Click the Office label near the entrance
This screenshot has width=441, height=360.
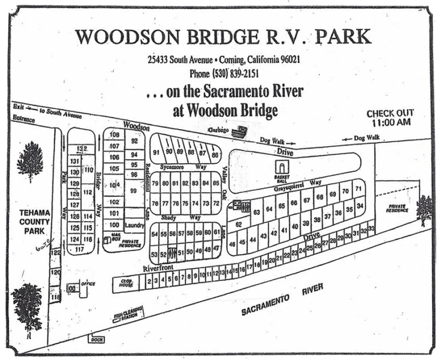tap(88, 284)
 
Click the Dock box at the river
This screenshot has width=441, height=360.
tap(96, 340)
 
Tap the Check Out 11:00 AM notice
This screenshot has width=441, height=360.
tap(390, 118)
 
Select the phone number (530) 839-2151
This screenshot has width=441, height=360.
tap(225, 73)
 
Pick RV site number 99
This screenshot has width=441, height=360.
tap(134, 191)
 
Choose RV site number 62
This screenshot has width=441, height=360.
tap(238, 224)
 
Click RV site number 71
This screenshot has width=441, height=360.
tap(358, 189)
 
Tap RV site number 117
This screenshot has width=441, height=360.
tap(79, 249)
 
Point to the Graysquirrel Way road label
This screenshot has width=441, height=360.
tap(297, 185)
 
